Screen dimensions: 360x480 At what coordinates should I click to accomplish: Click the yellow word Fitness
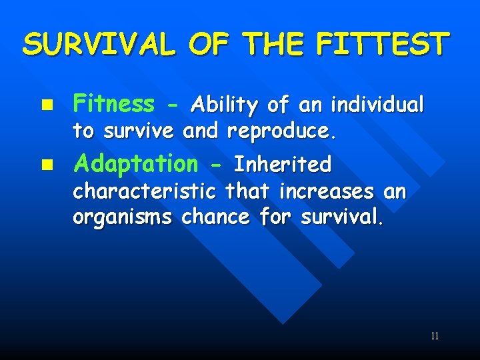tap(113, 104)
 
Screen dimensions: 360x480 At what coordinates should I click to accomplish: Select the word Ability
tap(225, 105)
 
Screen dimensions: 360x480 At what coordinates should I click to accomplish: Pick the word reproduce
tap(281, 131)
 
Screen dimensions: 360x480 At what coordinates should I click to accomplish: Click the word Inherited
tap(283, 164)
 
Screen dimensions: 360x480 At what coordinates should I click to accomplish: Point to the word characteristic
tap(144, 192)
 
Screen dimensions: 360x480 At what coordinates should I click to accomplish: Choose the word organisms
tap(123, 217)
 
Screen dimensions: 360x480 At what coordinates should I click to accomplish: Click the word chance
tap(214, 217)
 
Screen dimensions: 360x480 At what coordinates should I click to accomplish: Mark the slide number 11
tap(434, 336)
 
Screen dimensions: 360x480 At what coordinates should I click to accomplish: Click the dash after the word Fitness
tap(172, 105)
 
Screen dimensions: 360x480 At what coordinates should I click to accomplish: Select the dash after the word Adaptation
tap(217, 164)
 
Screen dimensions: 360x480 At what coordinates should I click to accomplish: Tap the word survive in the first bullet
tap(138, 131)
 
